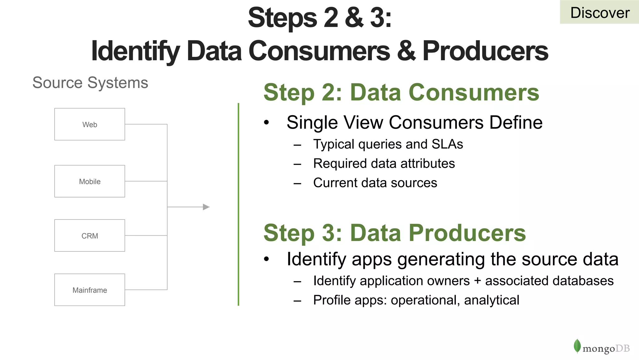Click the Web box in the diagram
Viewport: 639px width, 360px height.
coord(90,124)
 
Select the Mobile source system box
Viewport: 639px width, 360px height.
coord(90,181)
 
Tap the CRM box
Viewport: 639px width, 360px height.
coord(90,235)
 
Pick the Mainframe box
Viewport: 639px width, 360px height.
coord(90,290)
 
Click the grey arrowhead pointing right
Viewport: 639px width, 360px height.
coord(206,207)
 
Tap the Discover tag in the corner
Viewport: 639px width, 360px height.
coord(599,12)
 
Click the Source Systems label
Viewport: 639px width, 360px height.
coord(90,83)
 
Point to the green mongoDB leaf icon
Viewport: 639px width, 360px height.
coord(577,346)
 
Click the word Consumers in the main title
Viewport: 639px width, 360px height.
coord(319,51)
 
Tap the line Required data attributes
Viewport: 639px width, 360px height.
coord(384,164)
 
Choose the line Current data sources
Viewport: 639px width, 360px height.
coord(375,183)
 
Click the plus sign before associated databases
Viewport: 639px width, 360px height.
coord(477,281)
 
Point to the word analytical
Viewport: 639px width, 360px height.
coord(491,300)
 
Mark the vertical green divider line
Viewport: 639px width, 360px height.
coord(238,204)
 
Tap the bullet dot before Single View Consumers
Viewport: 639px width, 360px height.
coord(266,122)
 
